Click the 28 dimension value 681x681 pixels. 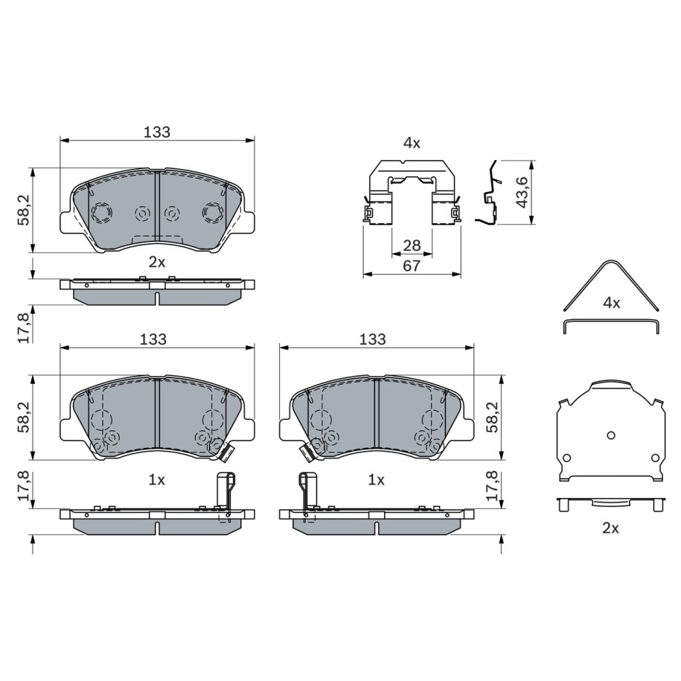(412, 246)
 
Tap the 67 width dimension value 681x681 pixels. (412, 266)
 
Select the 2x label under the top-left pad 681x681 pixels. (157, 262)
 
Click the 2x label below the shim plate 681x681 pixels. (610, 528)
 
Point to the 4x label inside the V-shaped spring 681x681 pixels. (612, 303)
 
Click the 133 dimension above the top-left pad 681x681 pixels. (157, 132)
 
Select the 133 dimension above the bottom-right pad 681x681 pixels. (372, 339)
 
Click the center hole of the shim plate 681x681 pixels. (610, 435)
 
